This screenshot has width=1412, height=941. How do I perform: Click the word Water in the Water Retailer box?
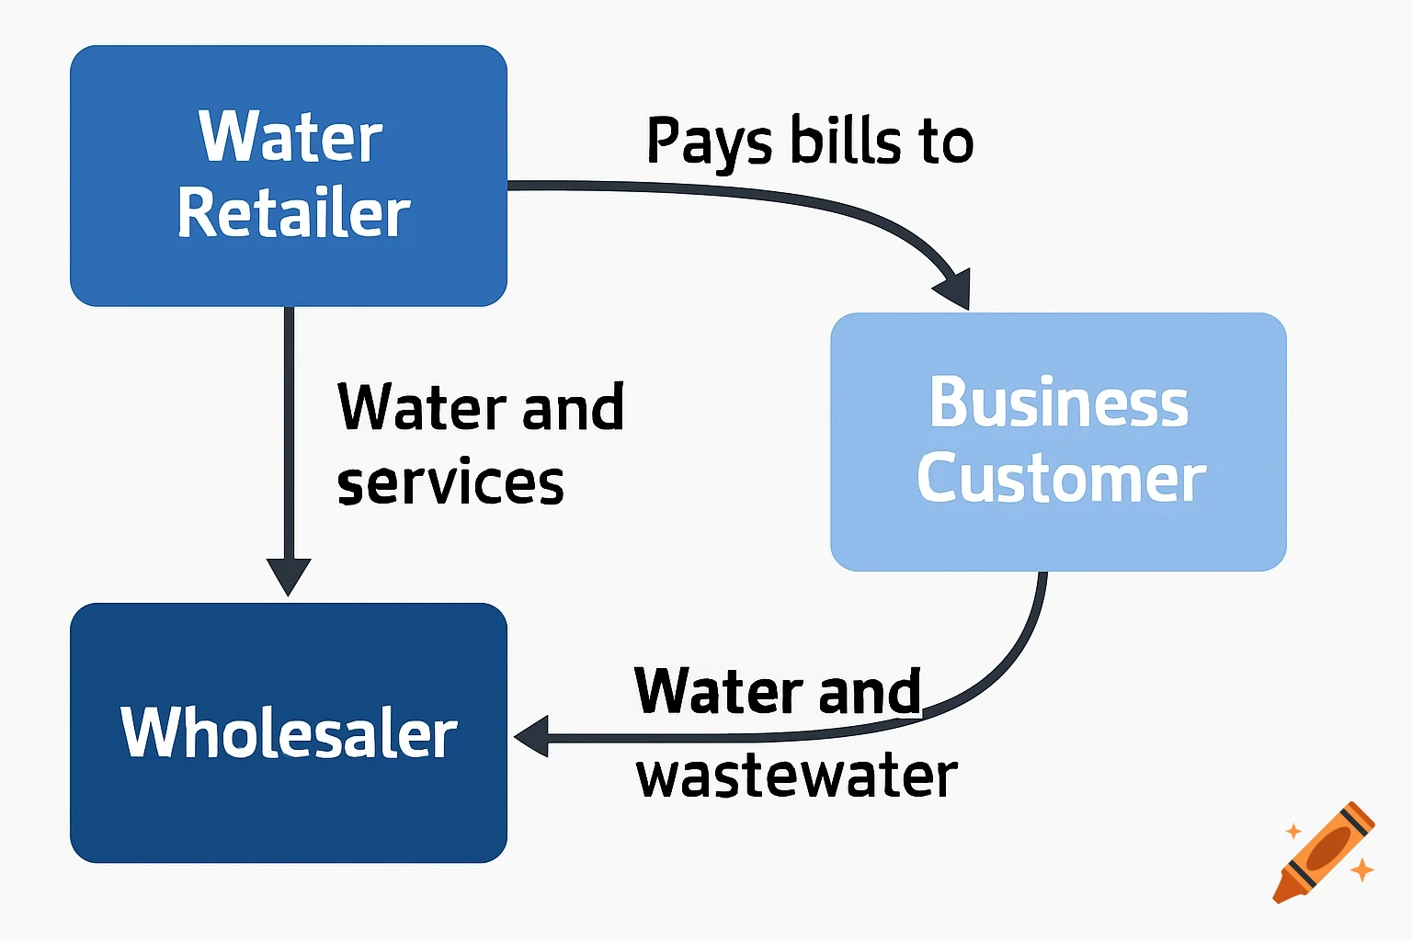[290, 137]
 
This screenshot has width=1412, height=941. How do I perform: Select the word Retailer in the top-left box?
[293, 213]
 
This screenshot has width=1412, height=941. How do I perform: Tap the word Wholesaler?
[289, 733]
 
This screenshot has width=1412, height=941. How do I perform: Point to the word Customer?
[1061, 478]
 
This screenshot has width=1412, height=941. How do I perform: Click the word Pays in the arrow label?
[709, 142]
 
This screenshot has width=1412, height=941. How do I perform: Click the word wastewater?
[796, 776]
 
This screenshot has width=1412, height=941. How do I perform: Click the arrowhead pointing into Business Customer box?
[954, 289]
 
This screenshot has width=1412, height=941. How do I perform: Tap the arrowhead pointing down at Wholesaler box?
[289, 575]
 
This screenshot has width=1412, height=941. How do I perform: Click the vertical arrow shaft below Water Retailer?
[289, 432]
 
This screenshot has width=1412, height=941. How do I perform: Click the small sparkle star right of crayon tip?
[1361, 868]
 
